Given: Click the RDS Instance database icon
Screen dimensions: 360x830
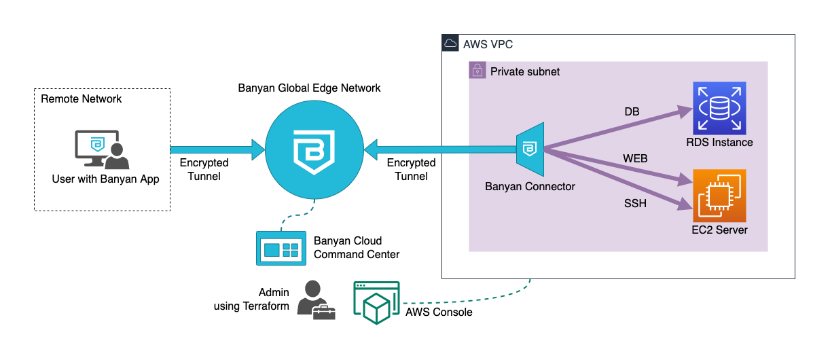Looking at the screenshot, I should point(719,108).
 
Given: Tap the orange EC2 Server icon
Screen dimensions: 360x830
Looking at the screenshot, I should point(719,196).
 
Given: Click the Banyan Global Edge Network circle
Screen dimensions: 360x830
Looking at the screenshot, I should point(314,150).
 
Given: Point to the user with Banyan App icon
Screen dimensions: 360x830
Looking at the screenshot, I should point(101,149).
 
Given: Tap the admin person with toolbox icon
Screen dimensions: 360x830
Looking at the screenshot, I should point(316,300).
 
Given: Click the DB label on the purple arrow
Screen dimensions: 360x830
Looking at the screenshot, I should point(632,111).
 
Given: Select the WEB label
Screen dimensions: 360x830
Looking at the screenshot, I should point(635,159).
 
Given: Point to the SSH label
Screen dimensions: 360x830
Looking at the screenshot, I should point(634,203).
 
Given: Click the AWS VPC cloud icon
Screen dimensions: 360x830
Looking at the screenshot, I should point(450,44).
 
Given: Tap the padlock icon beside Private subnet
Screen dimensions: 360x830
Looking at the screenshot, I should point(477,71).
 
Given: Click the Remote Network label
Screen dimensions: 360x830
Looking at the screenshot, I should point(82,99).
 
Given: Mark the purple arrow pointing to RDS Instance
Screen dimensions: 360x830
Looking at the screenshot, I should point(611,130).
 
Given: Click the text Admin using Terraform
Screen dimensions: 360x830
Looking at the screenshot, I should point(251,300).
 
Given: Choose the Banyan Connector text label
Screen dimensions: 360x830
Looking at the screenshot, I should point(530,186).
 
